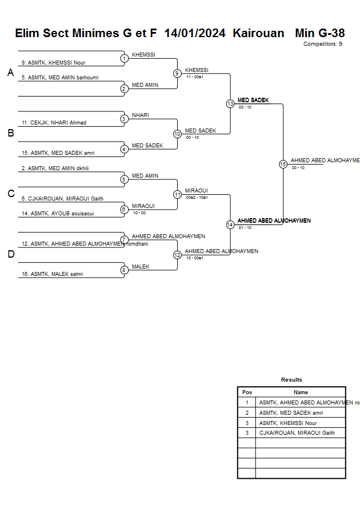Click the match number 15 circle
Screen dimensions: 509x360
tap(283, 164)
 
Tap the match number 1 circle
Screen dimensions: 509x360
tap(124, 58)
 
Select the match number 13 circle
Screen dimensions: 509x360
tap(230, 103)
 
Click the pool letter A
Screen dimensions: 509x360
tap(10, 73)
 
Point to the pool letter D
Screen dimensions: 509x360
tap(10, 254)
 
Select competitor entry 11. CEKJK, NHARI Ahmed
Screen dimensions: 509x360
tap(54, 123)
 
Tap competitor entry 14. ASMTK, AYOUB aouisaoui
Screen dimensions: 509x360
tap(58, 214)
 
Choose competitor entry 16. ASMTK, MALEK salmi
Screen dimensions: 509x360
tap(52, 274)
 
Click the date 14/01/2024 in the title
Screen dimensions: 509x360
tap(195, 33)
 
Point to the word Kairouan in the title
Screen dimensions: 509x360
tap(258, 33)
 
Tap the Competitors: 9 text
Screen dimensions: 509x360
tap(323, 44)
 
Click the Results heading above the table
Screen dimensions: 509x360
tap(291, 380)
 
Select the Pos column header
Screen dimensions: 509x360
tap(247, 392)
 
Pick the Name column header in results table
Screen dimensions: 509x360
tap(301, 392)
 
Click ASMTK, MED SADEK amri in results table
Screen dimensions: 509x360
tap(291, 412)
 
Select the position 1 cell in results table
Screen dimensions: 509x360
tap(247, 402)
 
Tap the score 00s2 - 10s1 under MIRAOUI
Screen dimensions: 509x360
tap(197, 197)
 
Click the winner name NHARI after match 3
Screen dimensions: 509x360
tap(140, 115)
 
